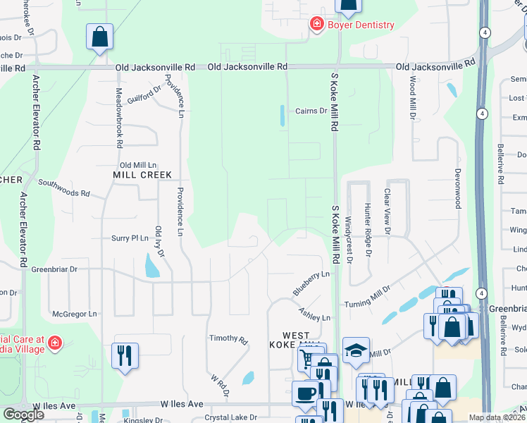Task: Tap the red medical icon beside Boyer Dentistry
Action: [x=317, y=25]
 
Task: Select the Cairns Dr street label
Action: [x=311, y=111]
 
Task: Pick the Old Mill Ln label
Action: [x=138, y=164]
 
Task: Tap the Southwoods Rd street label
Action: [x=64, y=188]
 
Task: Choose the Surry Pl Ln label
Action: [x=130, y=238]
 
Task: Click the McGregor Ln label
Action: [x=74, y=314]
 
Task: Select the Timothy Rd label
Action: [x=233, y=340]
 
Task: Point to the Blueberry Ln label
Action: [x=311, y=283]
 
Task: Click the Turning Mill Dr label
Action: [x=367, y=297]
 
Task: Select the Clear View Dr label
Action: [x=387, y=211]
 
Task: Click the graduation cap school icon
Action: [x=356, y=348]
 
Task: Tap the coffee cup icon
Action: [x=305, y=392]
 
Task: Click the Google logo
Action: [x=23, y=415]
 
